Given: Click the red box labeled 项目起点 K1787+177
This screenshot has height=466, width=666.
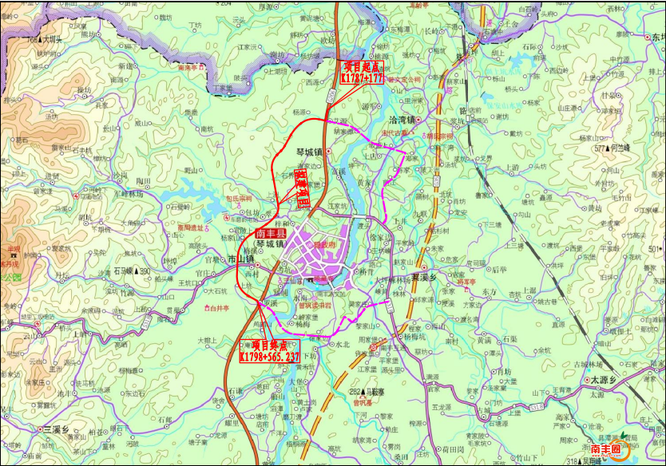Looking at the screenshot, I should click(x=363, y=73).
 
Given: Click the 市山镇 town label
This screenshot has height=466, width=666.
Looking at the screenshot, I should click(x=240, y=259).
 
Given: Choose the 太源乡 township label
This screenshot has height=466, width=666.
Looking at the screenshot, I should click(x=604, y=381).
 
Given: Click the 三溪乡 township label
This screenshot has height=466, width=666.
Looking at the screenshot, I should click(x=57, y=428).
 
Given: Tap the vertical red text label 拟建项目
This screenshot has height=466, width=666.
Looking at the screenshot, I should click(x=301, y=188).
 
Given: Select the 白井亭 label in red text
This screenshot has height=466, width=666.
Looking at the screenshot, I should click(x=217, y=307).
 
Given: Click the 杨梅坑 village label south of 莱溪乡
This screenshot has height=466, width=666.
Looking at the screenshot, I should click(x=418, y=337).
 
